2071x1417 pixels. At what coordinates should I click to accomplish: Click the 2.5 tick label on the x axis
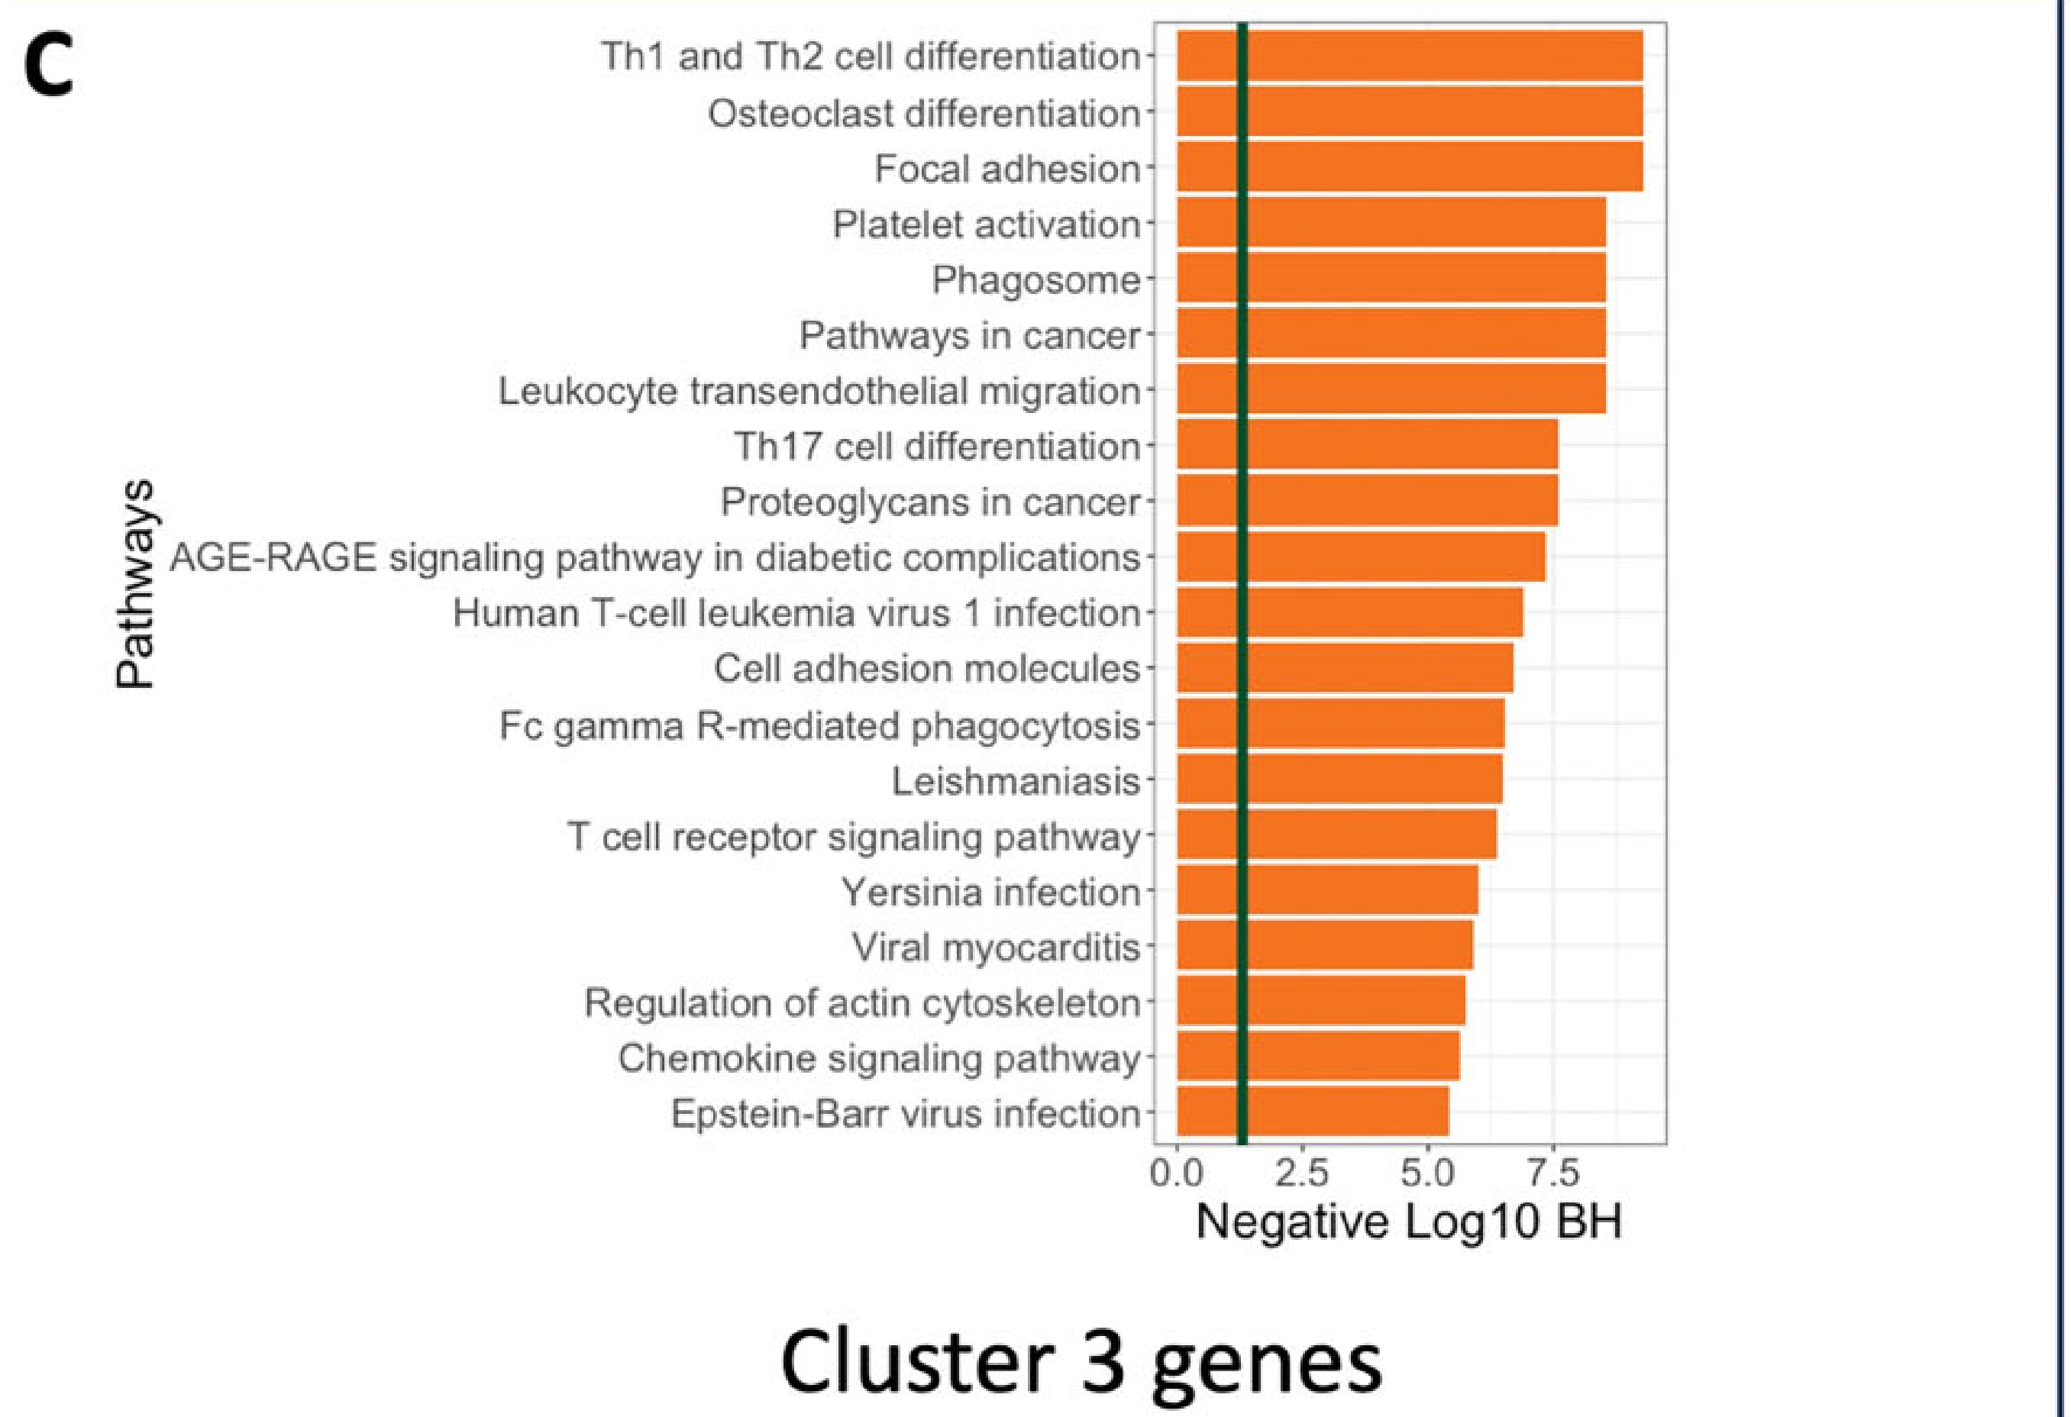click(1301, 1173)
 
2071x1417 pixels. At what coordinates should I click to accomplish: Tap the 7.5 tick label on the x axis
click(1553, 1173)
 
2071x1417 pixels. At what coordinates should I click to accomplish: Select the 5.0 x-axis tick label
click(1427, 1173)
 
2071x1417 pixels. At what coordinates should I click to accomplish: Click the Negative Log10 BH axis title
click(1408, 1222)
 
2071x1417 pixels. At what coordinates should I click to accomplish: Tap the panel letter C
click(48, 69)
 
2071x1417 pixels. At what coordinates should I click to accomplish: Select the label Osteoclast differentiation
click(924, 113)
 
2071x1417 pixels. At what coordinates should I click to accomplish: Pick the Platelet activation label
click(986, 224)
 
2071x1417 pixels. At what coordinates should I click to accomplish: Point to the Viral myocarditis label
click(995, 947)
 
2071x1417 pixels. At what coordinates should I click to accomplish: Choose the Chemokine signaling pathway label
click(879, 1058)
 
